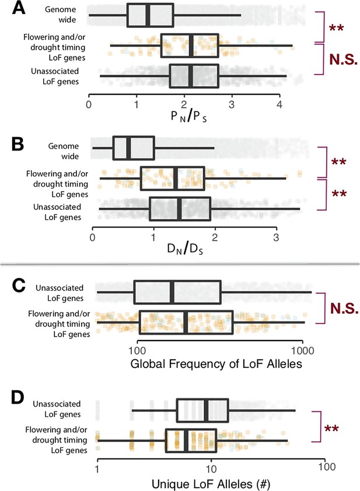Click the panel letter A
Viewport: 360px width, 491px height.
click(19, 8)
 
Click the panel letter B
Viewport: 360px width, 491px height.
click(18, 145)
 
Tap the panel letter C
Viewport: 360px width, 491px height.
click(19, 285)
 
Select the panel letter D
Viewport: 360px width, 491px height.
click(18, 397)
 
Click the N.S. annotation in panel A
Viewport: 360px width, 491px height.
click(343, 59)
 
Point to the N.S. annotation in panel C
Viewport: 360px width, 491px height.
click(344, 308)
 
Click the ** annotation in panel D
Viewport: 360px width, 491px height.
click(331, 429)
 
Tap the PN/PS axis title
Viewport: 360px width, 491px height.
click(188, 117)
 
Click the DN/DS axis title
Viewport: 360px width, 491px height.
click(185, 249)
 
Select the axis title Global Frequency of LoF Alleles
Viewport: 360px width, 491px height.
click(216, 364)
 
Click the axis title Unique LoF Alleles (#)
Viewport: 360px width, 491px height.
click(211, 484)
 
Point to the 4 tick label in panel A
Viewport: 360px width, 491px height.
click(279, 104)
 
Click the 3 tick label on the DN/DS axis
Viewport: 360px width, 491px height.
click(276, 237)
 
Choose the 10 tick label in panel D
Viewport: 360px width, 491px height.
click(211, 468)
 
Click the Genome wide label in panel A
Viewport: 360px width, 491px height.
click(61, 15)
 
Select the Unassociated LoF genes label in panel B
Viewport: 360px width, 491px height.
click(57, 212)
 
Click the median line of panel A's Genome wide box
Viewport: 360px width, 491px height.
click(148, 15)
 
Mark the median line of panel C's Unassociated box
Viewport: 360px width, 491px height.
click(172, 292)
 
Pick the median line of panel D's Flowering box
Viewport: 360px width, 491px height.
click(186, 440)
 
